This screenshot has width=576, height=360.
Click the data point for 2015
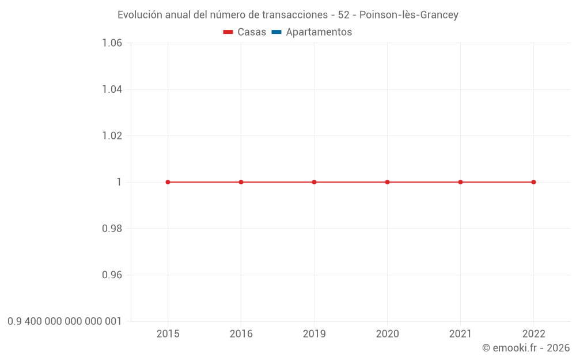168,182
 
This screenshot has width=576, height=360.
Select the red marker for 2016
241,182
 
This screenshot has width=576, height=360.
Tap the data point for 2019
314,182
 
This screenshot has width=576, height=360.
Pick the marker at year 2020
387,182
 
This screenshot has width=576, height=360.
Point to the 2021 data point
460,182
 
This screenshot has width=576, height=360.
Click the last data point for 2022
533,182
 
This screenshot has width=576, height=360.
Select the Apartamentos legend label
319,32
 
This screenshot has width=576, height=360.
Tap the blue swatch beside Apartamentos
276,32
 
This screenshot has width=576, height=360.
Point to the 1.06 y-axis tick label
112,43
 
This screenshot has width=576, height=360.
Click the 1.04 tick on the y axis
112,89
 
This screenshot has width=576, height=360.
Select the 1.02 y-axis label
112,135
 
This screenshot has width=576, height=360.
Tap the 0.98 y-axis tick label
112,229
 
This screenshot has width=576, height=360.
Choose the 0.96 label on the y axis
112,275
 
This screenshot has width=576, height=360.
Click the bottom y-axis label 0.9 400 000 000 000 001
65,321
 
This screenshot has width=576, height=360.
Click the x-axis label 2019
314,334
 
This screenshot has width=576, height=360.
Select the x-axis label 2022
533,334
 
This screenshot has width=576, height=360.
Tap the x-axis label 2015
168,334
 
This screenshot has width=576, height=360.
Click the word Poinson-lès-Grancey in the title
408,15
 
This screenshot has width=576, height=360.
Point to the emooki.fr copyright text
525,348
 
